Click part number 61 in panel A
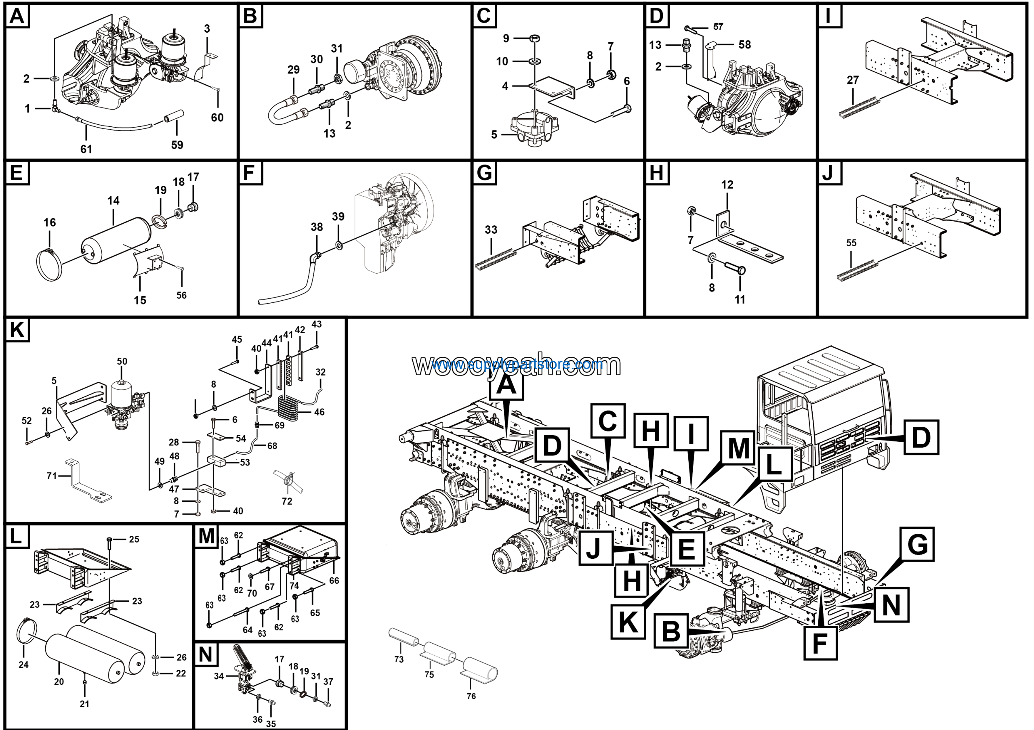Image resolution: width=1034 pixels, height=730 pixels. [x=86, y=149]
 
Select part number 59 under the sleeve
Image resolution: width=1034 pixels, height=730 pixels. [x=177, y=145]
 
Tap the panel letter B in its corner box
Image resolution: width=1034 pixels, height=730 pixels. [x=250, y=16]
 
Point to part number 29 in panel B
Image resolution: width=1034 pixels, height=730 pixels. [x=293, y=70]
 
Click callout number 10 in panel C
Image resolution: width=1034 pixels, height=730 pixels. [x=502, y=61]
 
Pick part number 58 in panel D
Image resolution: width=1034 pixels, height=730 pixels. [x=744, y=44]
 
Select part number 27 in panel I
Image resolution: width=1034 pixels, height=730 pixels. [x=853, y=80]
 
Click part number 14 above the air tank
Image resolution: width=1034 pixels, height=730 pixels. [x=113, y=201]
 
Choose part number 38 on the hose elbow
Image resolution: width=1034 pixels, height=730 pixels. [x=317, y=227]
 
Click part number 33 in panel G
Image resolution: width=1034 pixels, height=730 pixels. [x=491, y=230]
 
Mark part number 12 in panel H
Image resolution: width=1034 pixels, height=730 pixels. [x=727, y=185]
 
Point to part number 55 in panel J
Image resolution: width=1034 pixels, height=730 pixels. [x=851, y=243]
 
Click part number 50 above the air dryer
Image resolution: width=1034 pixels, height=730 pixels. [x=122, y=361]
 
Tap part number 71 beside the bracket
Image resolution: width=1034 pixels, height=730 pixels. [x=52, y=476]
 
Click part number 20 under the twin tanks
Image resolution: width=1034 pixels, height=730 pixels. [x=59, y=682]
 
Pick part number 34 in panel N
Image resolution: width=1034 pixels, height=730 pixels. [x=219, y=676]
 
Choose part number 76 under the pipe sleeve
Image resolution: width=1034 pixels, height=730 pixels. [x=471, y=696]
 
